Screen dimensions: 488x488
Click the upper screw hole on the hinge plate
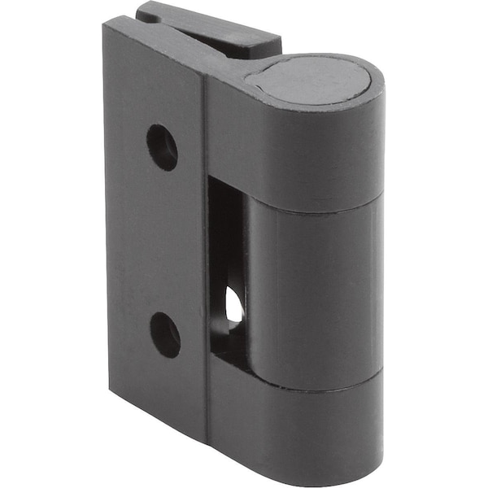(162, 147)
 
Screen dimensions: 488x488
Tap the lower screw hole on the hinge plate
(165, 333)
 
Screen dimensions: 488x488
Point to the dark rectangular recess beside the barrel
(224, 244)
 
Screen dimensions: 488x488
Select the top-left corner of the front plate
(106, 24)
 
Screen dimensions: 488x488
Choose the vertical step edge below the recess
(207, 407)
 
